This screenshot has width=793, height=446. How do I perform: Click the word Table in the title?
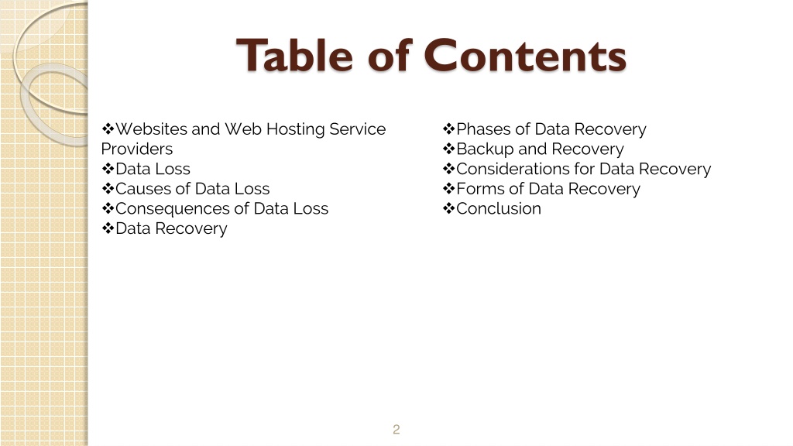(x=294, y=55)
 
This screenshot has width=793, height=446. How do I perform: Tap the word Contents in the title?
(x=525, y=55)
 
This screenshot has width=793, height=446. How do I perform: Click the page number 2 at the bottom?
(x=396, y=429)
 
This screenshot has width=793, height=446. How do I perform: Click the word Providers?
(x=137, y=149)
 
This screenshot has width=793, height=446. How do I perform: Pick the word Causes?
(x=143, y=189)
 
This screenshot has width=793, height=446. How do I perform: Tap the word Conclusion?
(x=499, y=209)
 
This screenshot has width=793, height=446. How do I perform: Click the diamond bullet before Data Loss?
(x=108, y=169)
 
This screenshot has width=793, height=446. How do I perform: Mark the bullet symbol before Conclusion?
(x=448, y=208)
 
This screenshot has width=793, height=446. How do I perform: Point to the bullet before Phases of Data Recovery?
(x=448, y=129)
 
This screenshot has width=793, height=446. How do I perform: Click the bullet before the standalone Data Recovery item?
(x=108, y=228)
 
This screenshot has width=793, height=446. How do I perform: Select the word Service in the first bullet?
(x=358, y=129)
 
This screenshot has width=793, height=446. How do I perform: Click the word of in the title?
(x=390, y=55)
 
